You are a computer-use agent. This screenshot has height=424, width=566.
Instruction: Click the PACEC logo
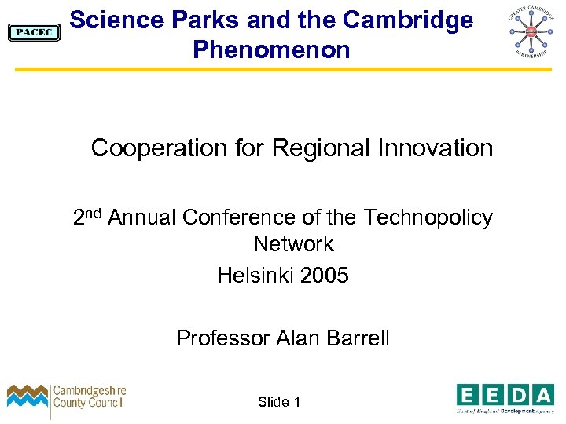(x=33, y=32)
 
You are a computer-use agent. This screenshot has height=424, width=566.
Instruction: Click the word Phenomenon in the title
(x=271, y=50)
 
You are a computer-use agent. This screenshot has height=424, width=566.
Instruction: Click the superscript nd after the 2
(x=95, y=212)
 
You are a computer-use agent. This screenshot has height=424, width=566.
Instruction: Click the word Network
(x=293, y=244)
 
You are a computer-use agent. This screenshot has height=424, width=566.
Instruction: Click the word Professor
(x=223, y=338)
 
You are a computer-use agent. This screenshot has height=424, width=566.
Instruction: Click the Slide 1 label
(x=279, y=402)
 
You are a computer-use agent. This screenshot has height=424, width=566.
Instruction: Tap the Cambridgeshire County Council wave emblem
(x=28, y=397)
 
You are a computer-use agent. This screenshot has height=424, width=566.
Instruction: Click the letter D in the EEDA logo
(x=517, y=394)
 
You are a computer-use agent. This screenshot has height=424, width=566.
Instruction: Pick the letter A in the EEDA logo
(x=542, y=394)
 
